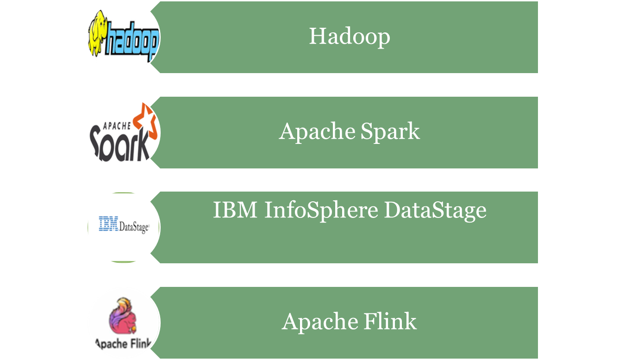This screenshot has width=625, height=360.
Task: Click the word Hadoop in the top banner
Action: tap(350, 36)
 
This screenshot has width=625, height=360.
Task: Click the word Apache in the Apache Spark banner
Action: tap(317, 132)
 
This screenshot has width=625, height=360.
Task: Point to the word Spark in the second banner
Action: tap(390, 132)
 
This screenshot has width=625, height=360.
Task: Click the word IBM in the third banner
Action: tap(235, 211)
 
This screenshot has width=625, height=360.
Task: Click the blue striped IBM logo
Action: tap(109, 224)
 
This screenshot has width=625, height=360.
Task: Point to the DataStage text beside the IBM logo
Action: tap(134, 227)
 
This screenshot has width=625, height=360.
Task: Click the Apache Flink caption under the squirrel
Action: tap(123, 343)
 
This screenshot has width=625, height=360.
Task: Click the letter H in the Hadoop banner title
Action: tap(317, 36)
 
